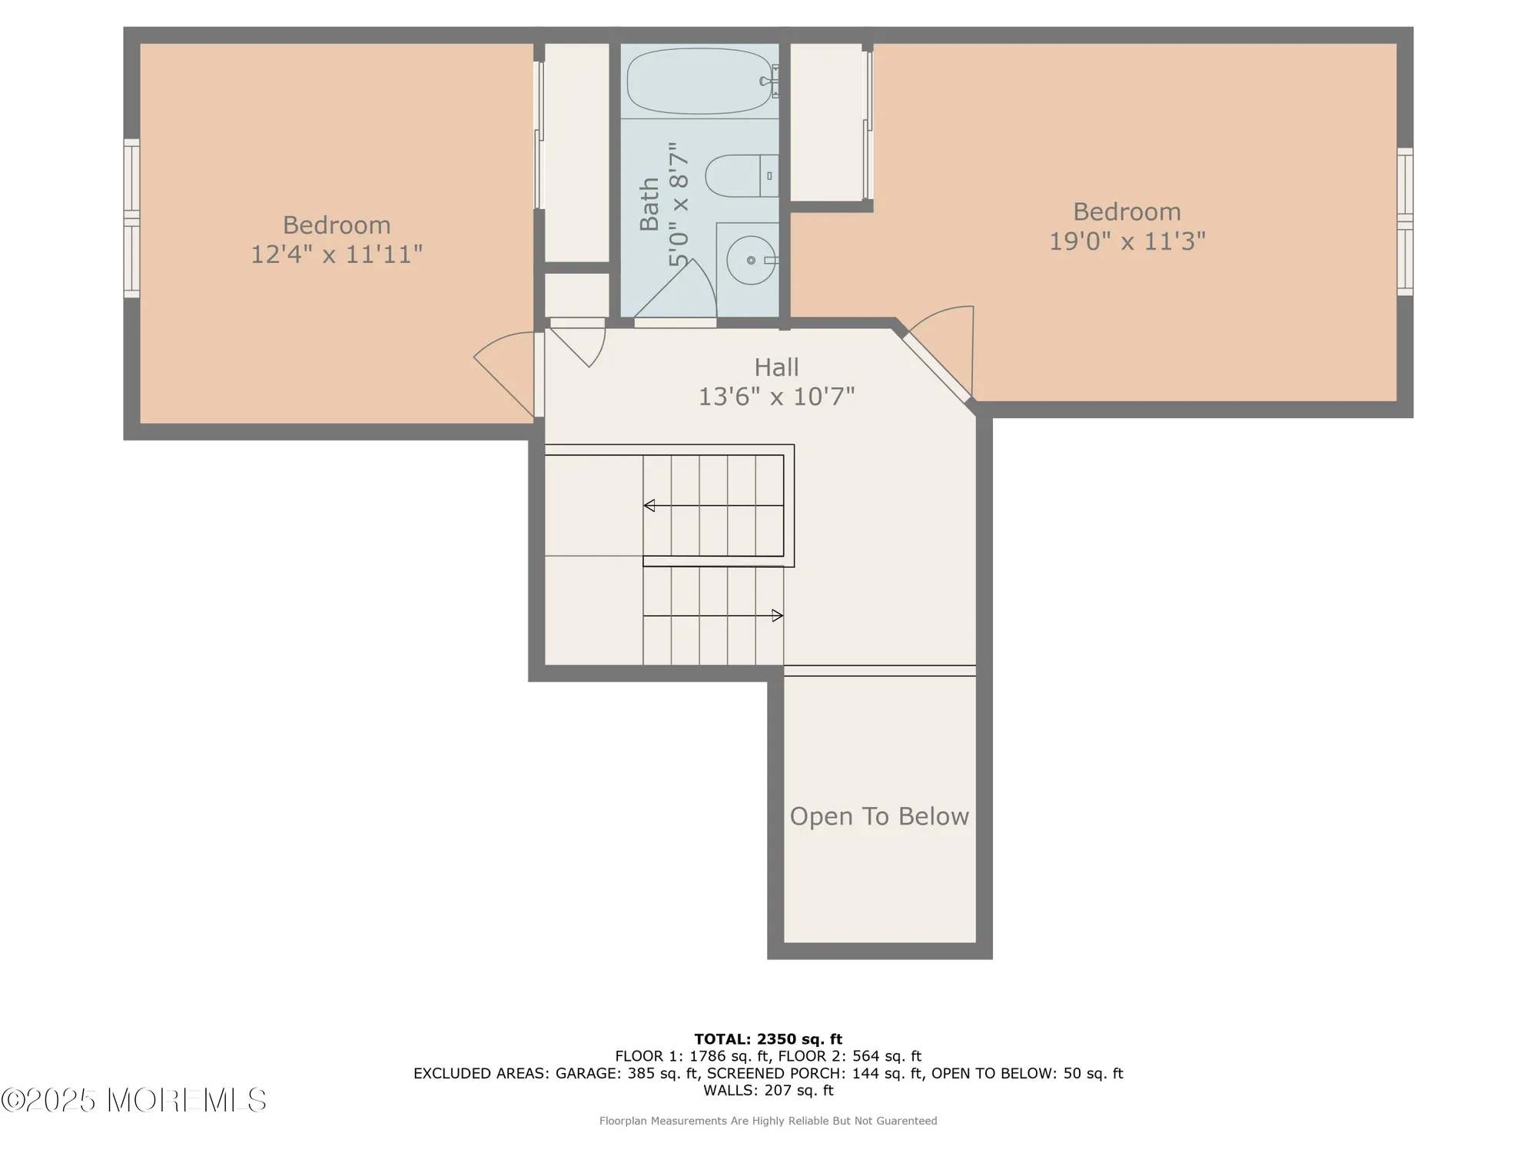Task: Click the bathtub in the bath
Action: click(x=699, y=81)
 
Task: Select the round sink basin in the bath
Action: click(x=751, y=260)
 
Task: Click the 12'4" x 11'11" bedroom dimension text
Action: click(x=337, y=254)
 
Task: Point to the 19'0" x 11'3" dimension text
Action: click(x=1127, y=241)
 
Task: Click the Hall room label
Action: click(x=776, y=367)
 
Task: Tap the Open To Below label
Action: click(x=879, y=816)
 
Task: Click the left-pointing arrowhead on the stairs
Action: click(x=649, y=505)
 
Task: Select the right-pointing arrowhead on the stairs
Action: click(x=778, y=616)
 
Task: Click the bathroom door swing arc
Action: click(x=676, y=288)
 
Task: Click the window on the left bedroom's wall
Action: click(x=131, y=218)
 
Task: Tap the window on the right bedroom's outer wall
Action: click(x=1405, y=221)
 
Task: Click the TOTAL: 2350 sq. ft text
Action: click(x=768, y=1039)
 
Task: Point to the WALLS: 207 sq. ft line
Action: click(x=768, y=1090)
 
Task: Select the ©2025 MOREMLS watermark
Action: click(x=134, y=1100)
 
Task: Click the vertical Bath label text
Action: click(x=649, y=204)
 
